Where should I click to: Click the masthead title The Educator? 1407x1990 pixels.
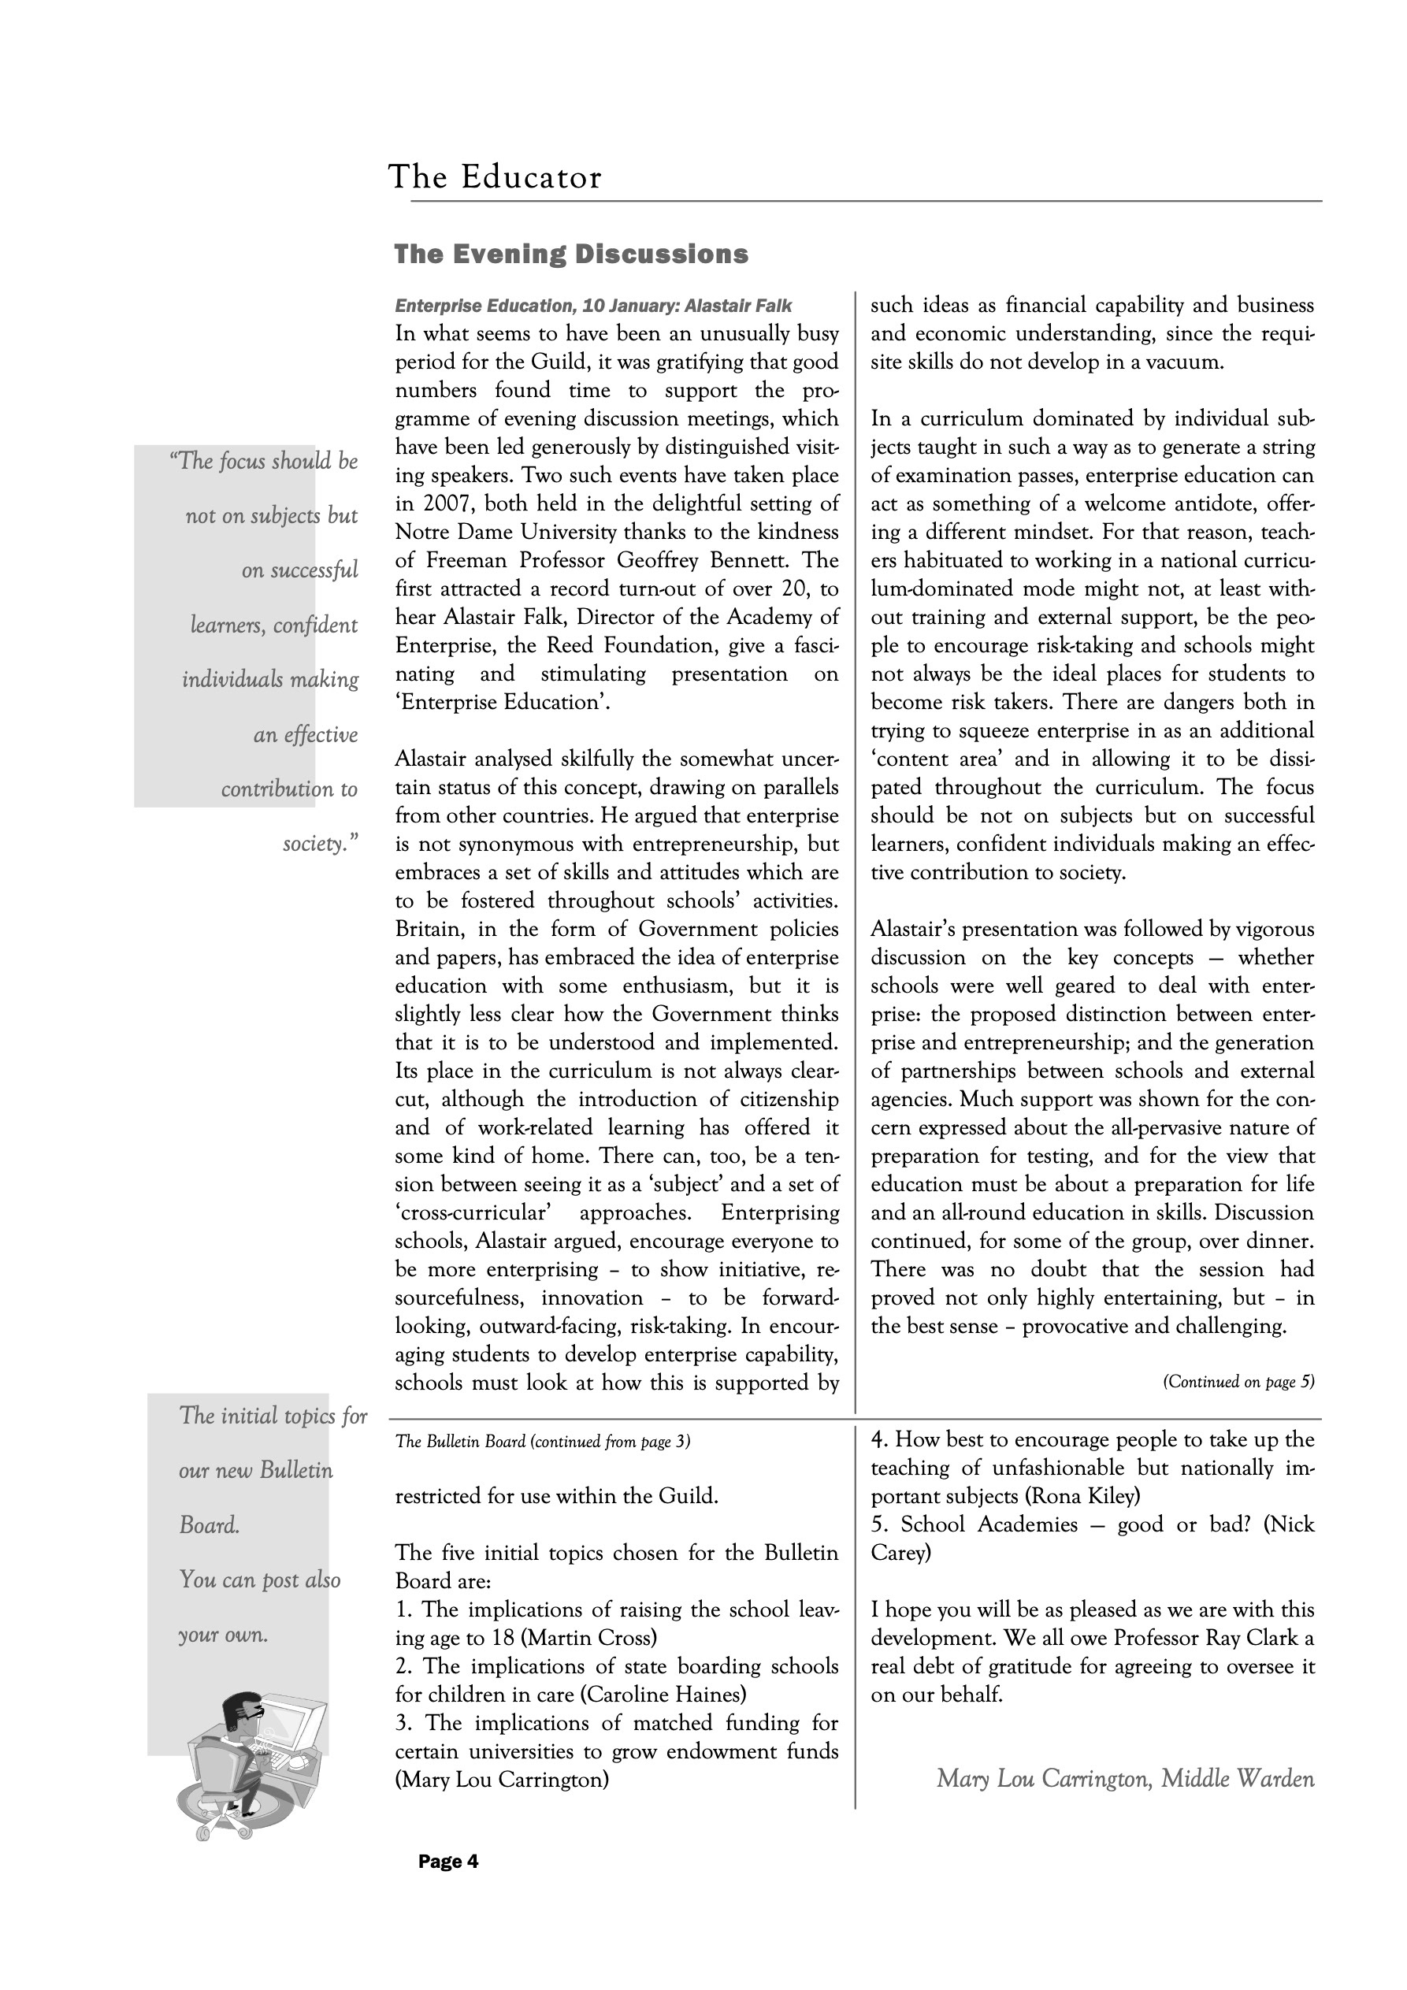pos(494,178)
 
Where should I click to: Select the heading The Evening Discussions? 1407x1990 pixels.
pos(571,254)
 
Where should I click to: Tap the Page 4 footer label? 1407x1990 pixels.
pos(448,1861)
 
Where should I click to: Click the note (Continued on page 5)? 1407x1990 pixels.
pos(1238,1383)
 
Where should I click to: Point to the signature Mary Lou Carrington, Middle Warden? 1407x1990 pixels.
pos(1125,1780)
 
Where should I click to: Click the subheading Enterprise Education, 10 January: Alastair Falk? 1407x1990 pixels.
pos(593,306)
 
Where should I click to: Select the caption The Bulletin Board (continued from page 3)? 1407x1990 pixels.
pos(543,1442)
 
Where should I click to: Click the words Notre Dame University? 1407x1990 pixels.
pos(506,533)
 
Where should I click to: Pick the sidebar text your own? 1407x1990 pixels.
pos(223,1635)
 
